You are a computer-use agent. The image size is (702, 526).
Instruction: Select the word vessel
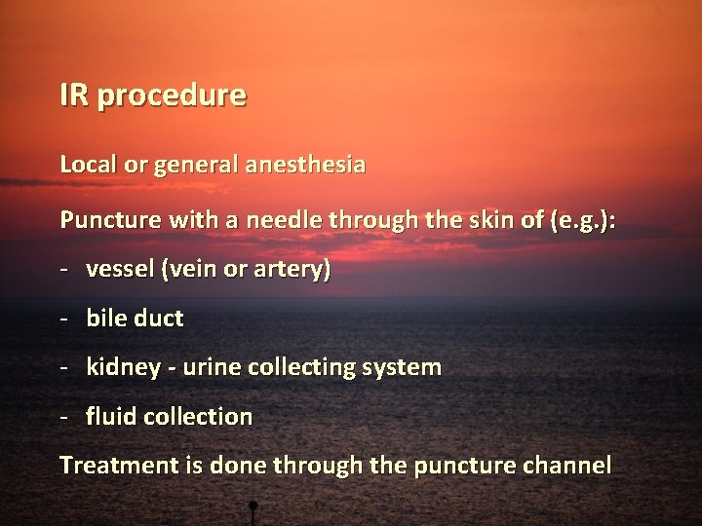point(117,271)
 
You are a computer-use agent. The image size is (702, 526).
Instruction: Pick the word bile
point(105,318)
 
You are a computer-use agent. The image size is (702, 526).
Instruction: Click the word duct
point(156,318)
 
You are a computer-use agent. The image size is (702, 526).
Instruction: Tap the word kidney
point(120,368)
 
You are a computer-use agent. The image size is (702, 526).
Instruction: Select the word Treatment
point(118,466)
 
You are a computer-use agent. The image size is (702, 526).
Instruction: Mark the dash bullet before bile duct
point(65,319)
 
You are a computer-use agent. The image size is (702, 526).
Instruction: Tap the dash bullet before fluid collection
point(65,418)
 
